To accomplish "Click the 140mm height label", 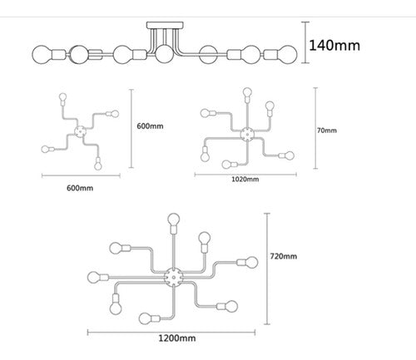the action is tap(334, 46).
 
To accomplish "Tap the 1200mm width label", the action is tap(177, 338).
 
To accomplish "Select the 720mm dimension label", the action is tap(284, 256).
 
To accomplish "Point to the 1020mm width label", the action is tap(245, 179).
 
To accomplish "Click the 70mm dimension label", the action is tap(327, 131).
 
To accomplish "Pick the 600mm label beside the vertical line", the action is tap(150, 126).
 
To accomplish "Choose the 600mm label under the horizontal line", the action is tap(80, 188).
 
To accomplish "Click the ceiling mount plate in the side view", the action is tap(165, 25).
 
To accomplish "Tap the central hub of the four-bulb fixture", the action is tap(81, 131).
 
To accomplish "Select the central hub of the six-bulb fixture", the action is tap(247, 134).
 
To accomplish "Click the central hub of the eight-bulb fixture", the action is tap(174, 277).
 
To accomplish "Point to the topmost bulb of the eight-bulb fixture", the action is tap(174, 220).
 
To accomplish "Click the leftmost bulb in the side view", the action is tap(42, 55).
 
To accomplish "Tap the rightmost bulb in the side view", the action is tap(287, 55).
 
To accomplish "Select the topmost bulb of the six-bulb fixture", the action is tap(247, 92).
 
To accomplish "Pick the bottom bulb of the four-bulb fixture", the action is tap(98, 165).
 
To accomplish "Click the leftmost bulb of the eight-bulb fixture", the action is tap(94, 277).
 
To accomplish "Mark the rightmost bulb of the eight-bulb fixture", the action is tap(252, 262).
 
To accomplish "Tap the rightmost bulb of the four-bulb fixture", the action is tap(115, 114).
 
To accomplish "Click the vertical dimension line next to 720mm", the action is tap(267, 269).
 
